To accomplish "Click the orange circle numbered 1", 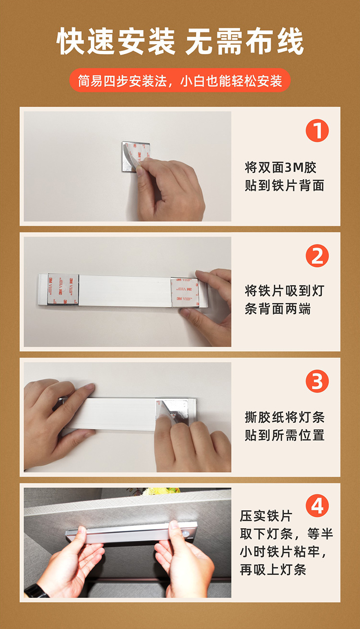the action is point(317,131).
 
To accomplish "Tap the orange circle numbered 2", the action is point(317,256).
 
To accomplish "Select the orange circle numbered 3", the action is point(317,381).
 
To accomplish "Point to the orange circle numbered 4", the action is point(317,506).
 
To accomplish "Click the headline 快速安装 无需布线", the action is point(180,41).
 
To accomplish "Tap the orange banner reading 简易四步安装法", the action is point(180,80).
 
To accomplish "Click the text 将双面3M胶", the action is point(281,167).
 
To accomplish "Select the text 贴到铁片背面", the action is point(284,186).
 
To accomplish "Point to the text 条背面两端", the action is point(278,309).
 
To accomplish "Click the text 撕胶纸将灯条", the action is point(284,417).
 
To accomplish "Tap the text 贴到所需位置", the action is point(284,435).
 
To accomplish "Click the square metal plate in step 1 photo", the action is point(136,156).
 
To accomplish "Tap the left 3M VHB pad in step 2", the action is point(63,289).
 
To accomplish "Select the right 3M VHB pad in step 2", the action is point(185,292).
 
